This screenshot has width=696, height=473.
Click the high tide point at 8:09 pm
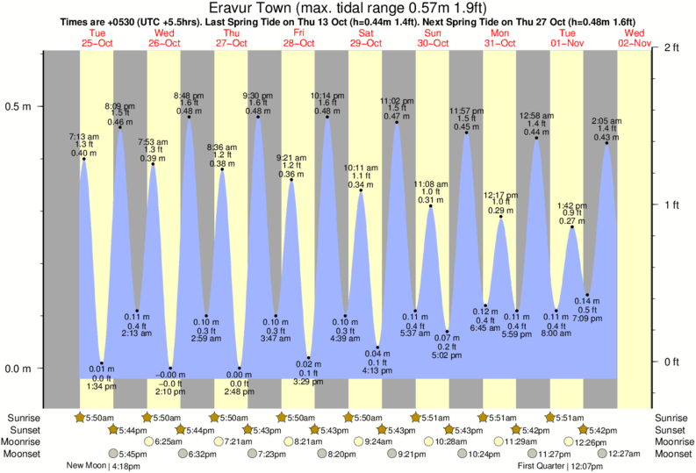click(x=119, y=128)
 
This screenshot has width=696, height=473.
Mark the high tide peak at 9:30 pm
click(x=257, y=118)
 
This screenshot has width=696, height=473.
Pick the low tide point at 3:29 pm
click(x=309, y=358)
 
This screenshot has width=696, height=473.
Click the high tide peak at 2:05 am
click(x=606, y=143)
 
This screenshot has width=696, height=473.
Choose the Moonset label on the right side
click(x=671, y=454)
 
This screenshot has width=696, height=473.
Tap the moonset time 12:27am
click(x=624, y=454)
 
